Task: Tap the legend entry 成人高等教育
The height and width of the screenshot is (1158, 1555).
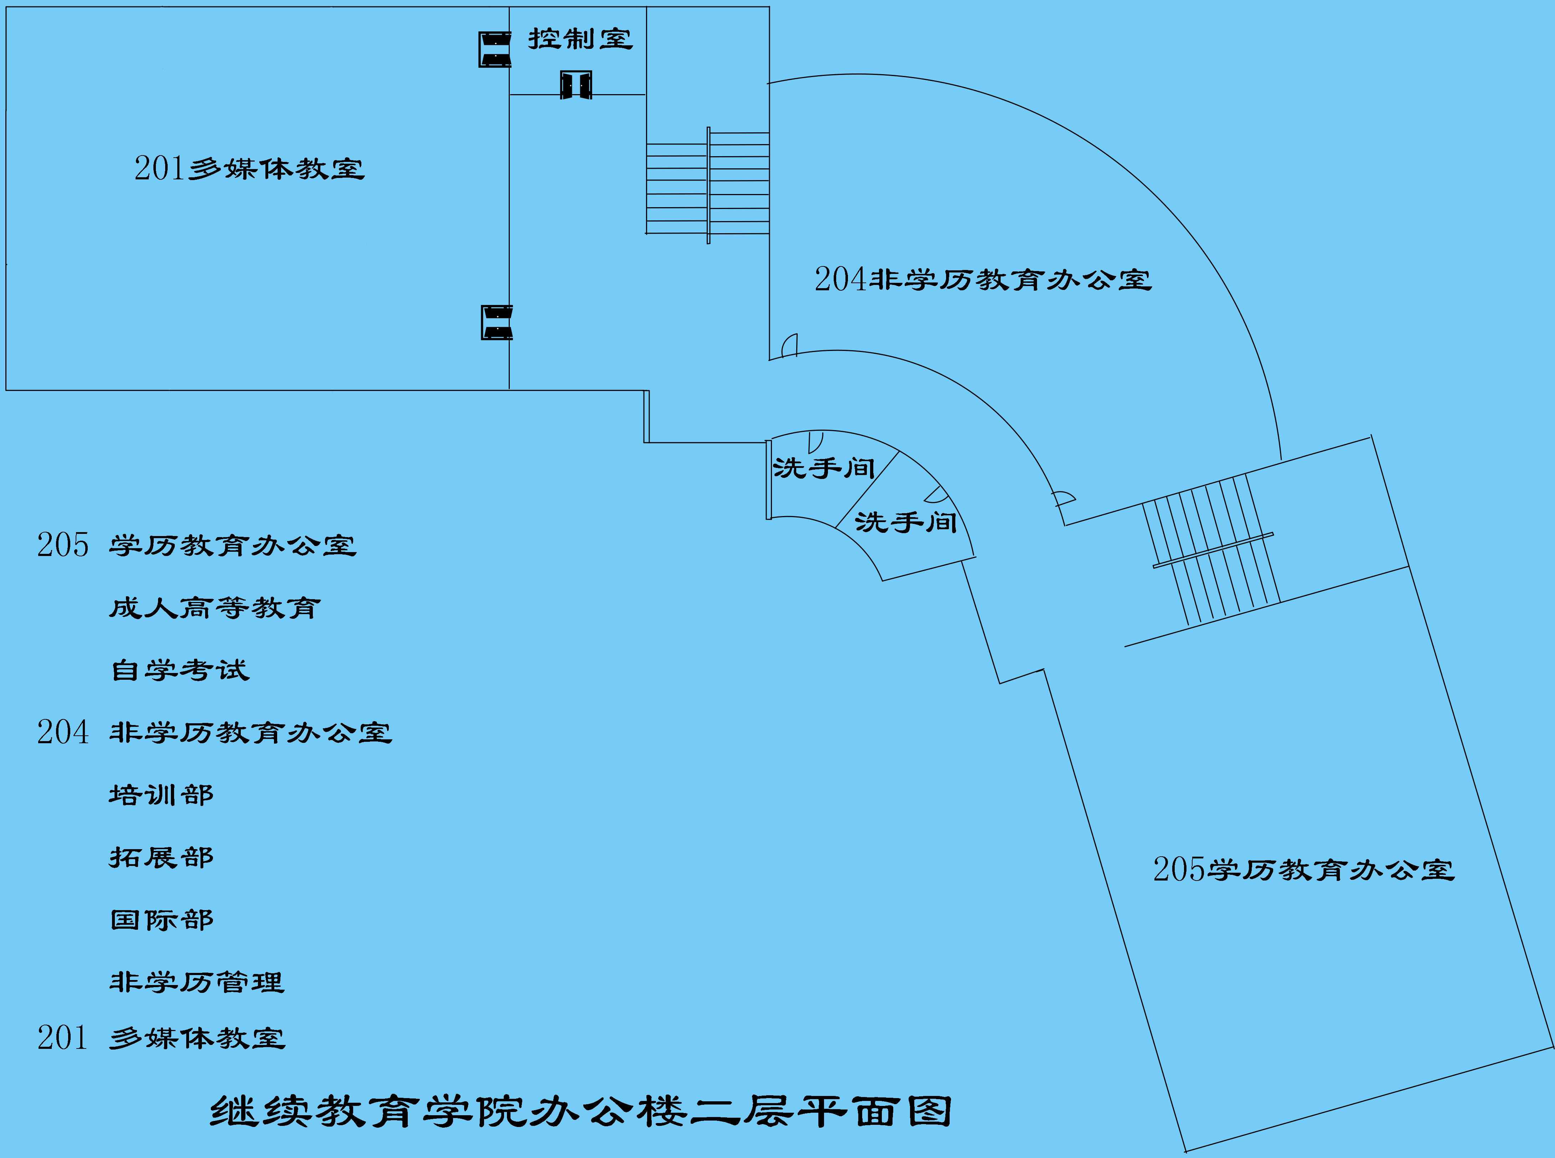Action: click(x=214, y=608)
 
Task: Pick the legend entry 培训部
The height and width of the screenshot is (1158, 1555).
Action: click(x=161, y=795)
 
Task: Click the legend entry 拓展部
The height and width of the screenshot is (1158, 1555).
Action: click(x=161, y=857)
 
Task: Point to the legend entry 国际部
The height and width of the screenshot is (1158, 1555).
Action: click(x=161, y=920)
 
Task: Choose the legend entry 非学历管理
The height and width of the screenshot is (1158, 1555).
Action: click(x=196, y=982)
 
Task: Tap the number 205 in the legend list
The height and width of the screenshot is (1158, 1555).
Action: click(x=63, y=545)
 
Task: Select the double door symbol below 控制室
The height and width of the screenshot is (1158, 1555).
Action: click(x=575, y=85)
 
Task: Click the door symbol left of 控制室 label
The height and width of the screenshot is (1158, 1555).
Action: click(x=494, y=49)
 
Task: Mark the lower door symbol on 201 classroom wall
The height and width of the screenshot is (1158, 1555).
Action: click(x=496, y=322)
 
